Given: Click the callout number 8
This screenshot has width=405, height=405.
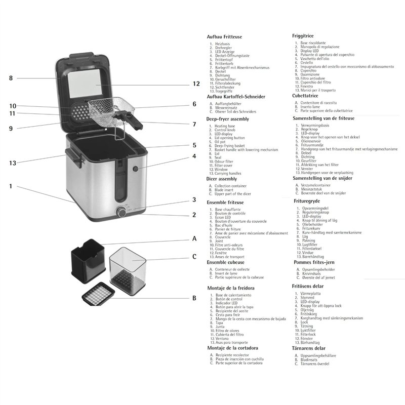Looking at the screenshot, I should (x=11, y=78).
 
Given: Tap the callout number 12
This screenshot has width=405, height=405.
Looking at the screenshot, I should (x=196, y=84).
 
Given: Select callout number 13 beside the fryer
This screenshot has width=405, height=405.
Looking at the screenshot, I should (x=13, y=163).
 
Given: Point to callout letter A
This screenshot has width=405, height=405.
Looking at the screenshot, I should (x=194, y=238).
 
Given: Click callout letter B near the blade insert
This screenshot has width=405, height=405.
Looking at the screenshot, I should (x=194, y=298).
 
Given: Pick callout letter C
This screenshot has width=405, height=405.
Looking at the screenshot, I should (x=194, y=257).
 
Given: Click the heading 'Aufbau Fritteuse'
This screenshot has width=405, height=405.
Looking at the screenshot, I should (x=224, y=37).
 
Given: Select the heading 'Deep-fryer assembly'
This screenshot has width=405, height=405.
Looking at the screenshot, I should (x=228, y=119).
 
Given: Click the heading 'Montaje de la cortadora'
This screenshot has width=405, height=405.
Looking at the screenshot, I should (x=233, y=348).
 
